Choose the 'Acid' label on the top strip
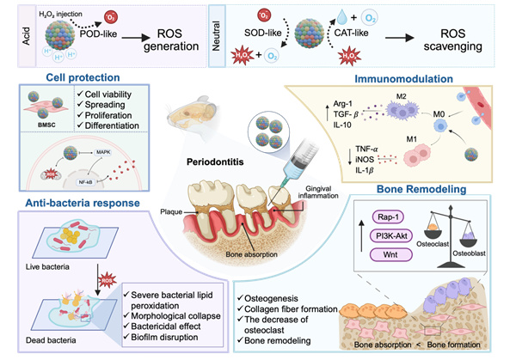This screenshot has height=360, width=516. click(11, 34)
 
